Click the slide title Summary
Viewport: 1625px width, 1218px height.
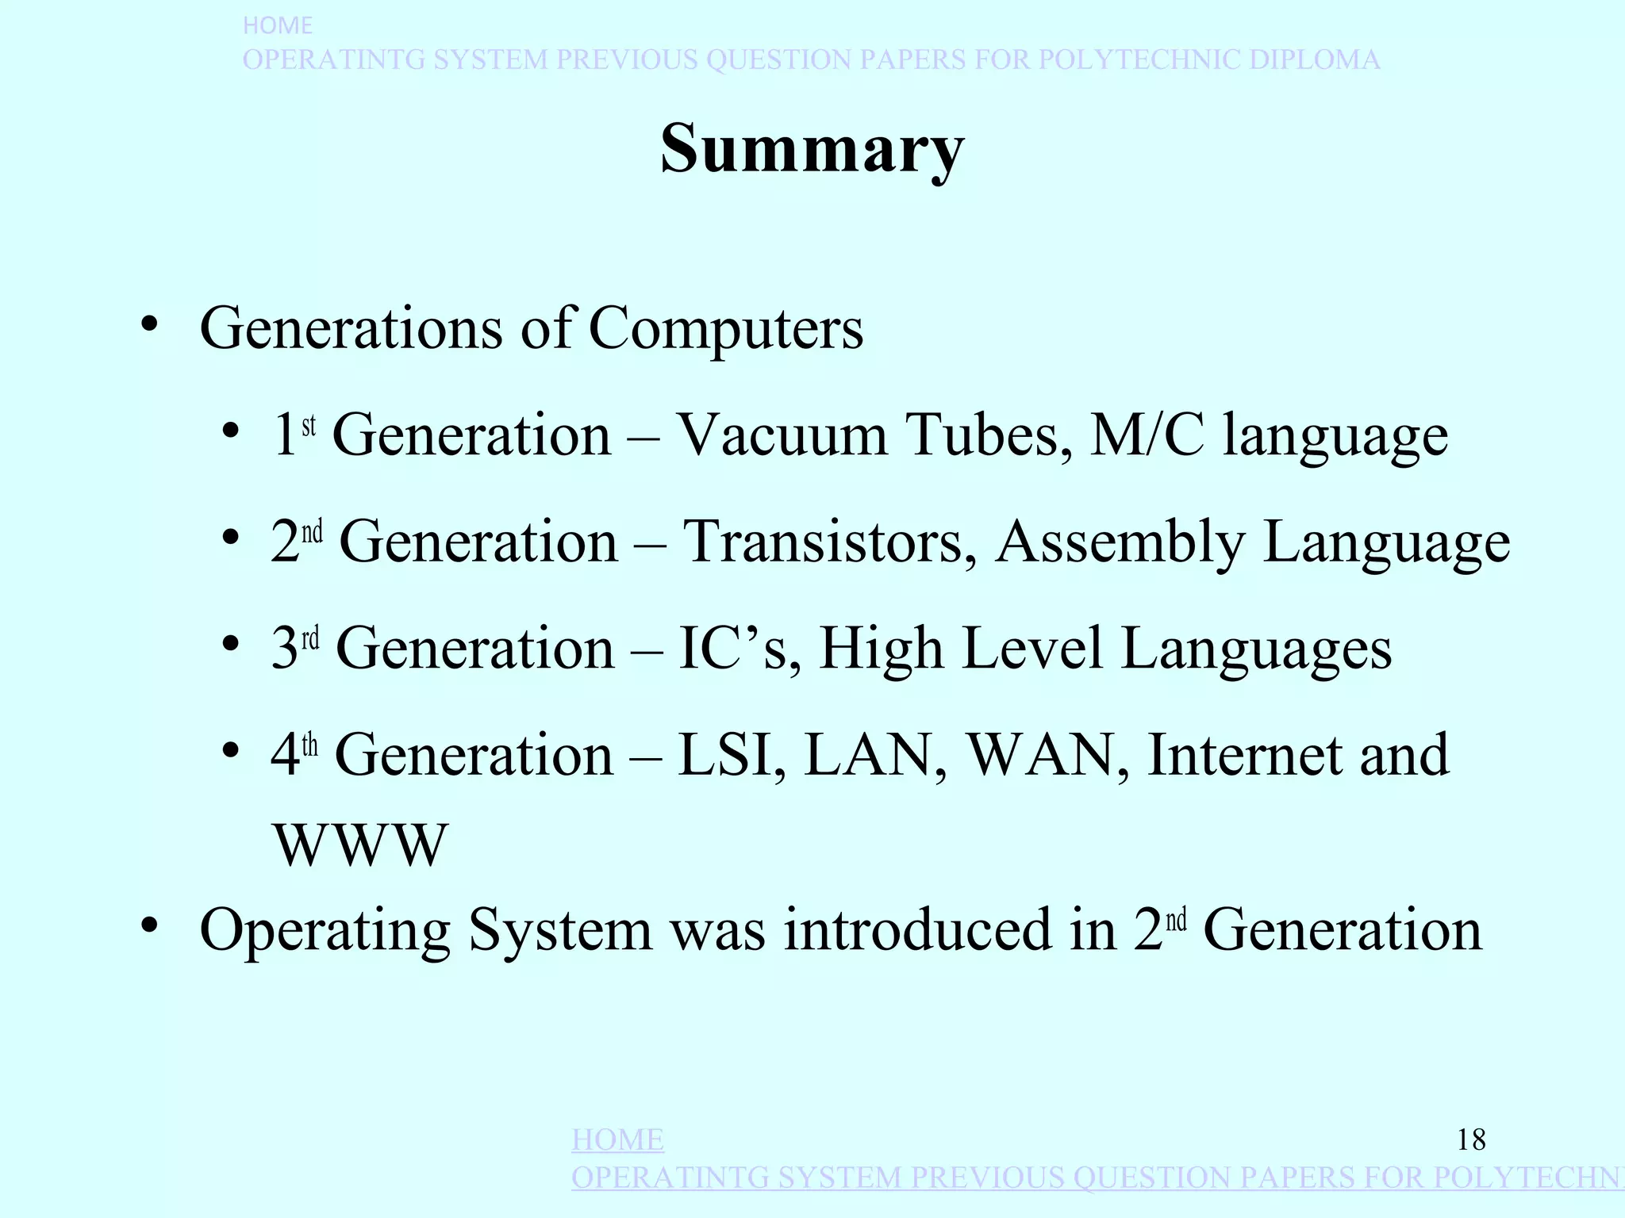(x=812, y=149)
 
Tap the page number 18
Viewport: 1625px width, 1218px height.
(x=1471, y=1140)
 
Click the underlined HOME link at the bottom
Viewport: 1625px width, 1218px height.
(x=617, y=1140)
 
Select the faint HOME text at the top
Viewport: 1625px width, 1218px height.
(x=277, y=25)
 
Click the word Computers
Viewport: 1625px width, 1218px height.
(x=725, y=328)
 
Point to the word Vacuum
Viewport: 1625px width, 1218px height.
(x=782, y=435)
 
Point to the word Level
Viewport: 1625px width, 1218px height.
(x=1032, y=649)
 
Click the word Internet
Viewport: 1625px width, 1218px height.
(x=1245, y=755)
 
